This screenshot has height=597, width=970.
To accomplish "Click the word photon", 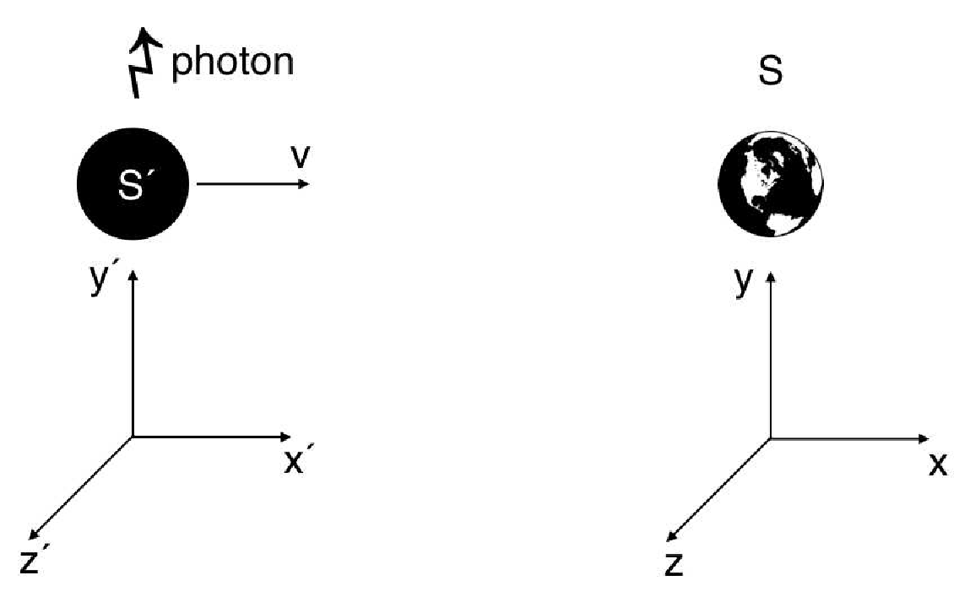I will [x=233, y=63].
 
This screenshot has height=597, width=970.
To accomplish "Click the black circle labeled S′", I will [x=133, y=185].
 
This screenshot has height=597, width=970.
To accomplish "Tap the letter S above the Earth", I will [x=770, y=73].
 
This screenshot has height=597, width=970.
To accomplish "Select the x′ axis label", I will [x=298, y=462].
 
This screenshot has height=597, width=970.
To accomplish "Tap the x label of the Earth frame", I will [x=938, y=464].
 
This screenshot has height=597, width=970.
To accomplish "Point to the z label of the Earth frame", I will [x=673, y=563].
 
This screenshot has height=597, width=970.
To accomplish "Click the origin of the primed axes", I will [x=133, y=437].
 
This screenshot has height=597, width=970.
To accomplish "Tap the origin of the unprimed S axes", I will [x=771, y=438].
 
